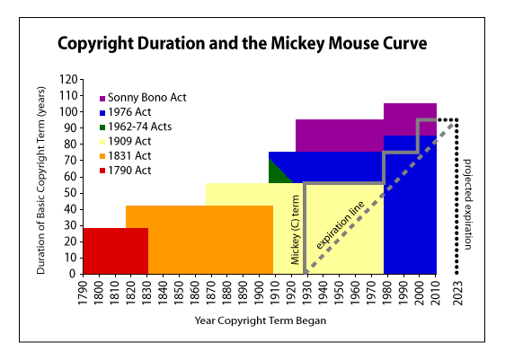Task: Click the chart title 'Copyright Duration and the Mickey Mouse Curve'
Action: (242, 43)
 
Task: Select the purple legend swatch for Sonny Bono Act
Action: (103, 97)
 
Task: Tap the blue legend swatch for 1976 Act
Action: (103, 112)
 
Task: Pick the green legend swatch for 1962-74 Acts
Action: (103, 127)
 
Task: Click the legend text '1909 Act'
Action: (131, 141)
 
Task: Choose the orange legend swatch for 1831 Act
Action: (103, 155)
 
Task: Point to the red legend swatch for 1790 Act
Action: (103, 170)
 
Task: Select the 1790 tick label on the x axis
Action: (83, 294)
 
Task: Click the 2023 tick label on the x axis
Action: (458, 294)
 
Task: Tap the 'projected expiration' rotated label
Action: (468, 203)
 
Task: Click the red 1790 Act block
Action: (115, 250)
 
